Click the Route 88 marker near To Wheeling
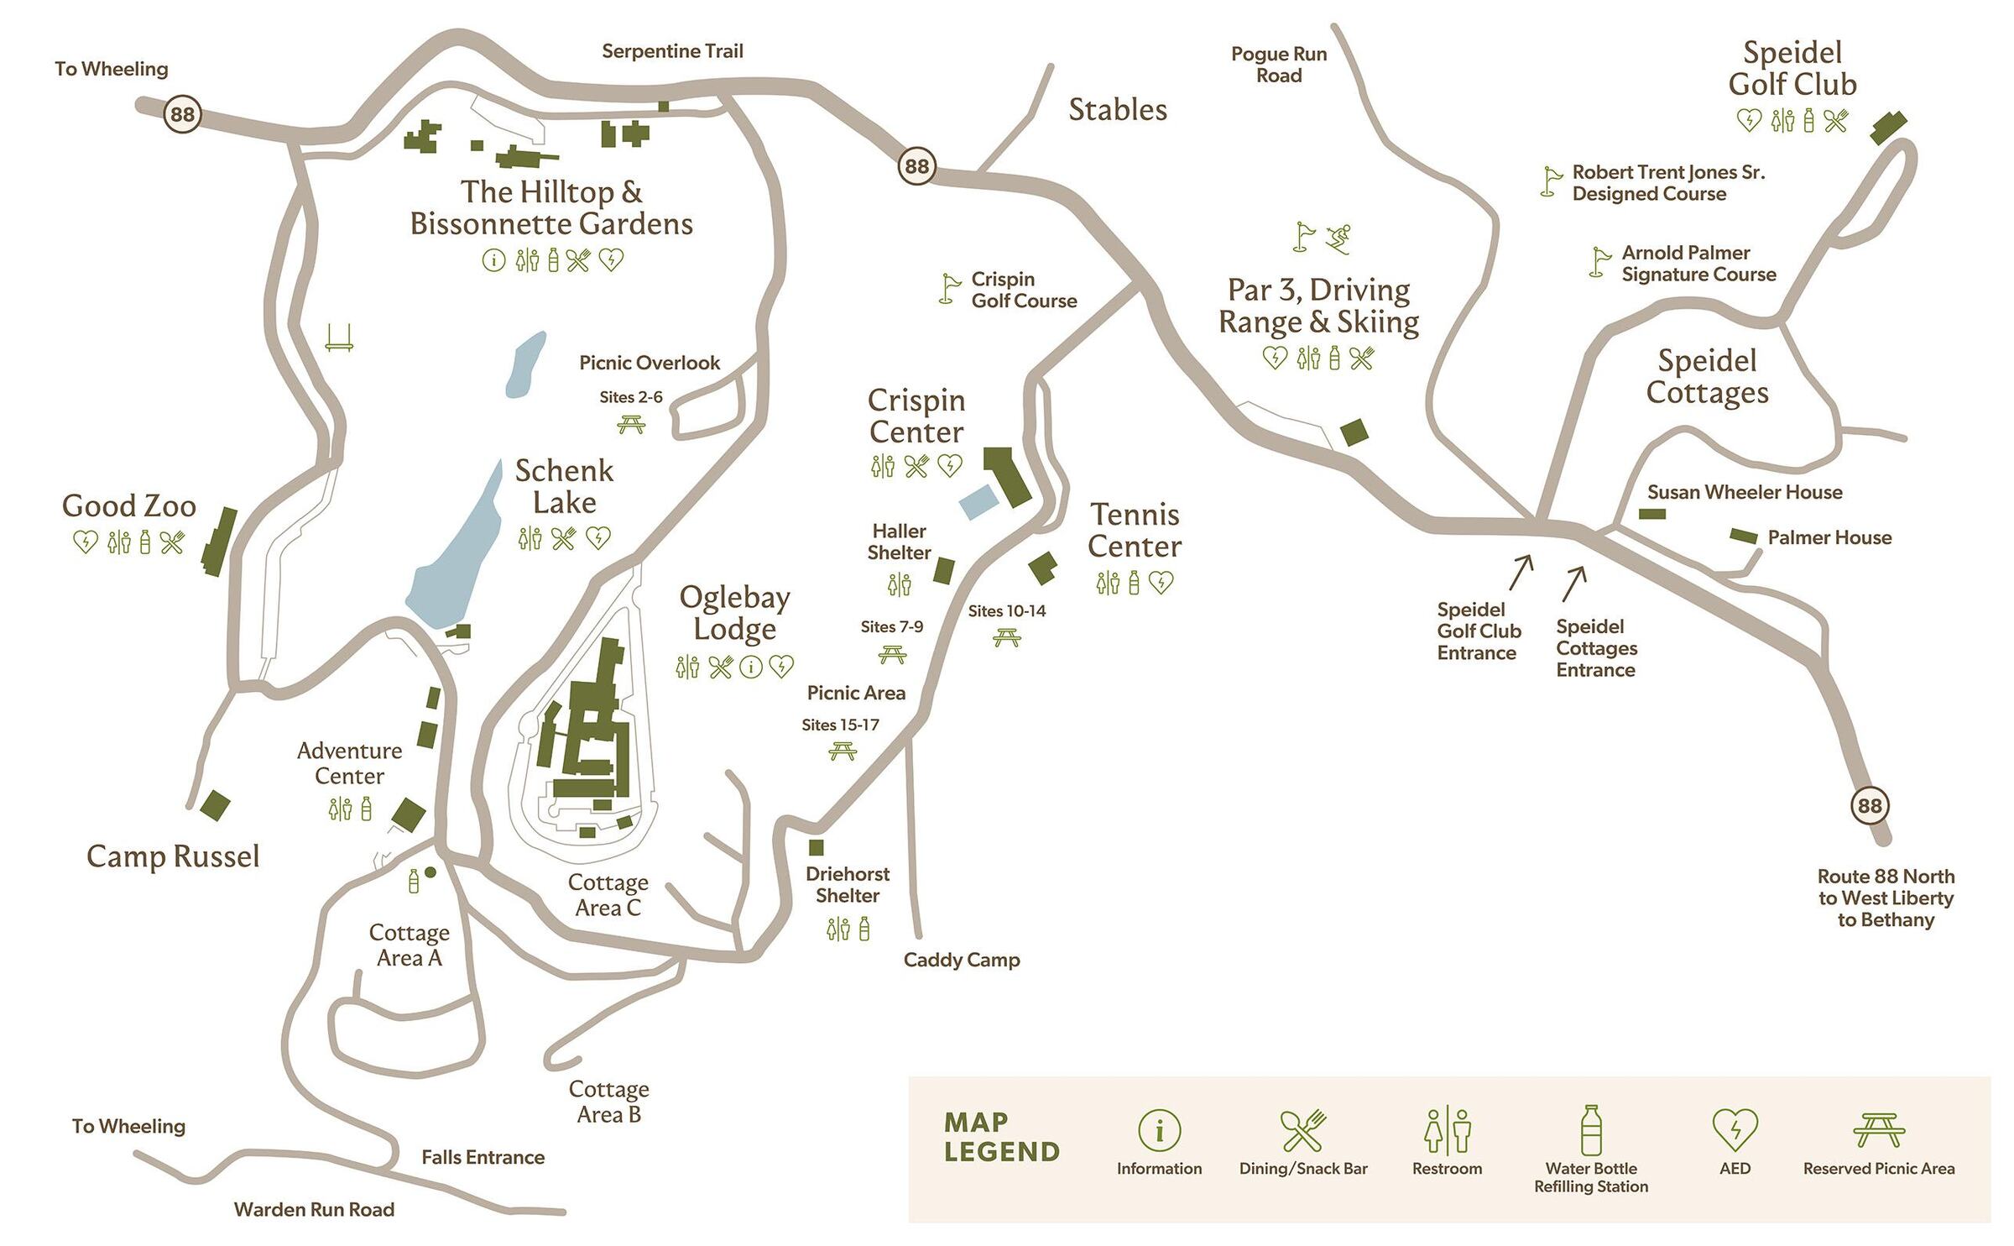[182, 113]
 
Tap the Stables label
[1117, 110]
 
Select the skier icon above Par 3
[1339, 238]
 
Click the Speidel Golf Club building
[1888, 128]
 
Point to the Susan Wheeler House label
[1745, 492]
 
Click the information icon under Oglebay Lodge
[751, 667]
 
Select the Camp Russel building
[215, 805]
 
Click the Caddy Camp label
[961, 960]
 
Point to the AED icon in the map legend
[1735, 1129]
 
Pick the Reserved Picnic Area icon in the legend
[1879, 1129]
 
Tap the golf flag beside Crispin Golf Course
[950, 288]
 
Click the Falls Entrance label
[483, 1157]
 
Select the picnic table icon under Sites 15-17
[842, 751]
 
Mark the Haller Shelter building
[944, 570]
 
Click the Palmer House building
[1743, 536]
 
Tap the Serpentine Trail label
[672, 51]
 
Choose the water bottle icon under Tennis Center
[1134, 582]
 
